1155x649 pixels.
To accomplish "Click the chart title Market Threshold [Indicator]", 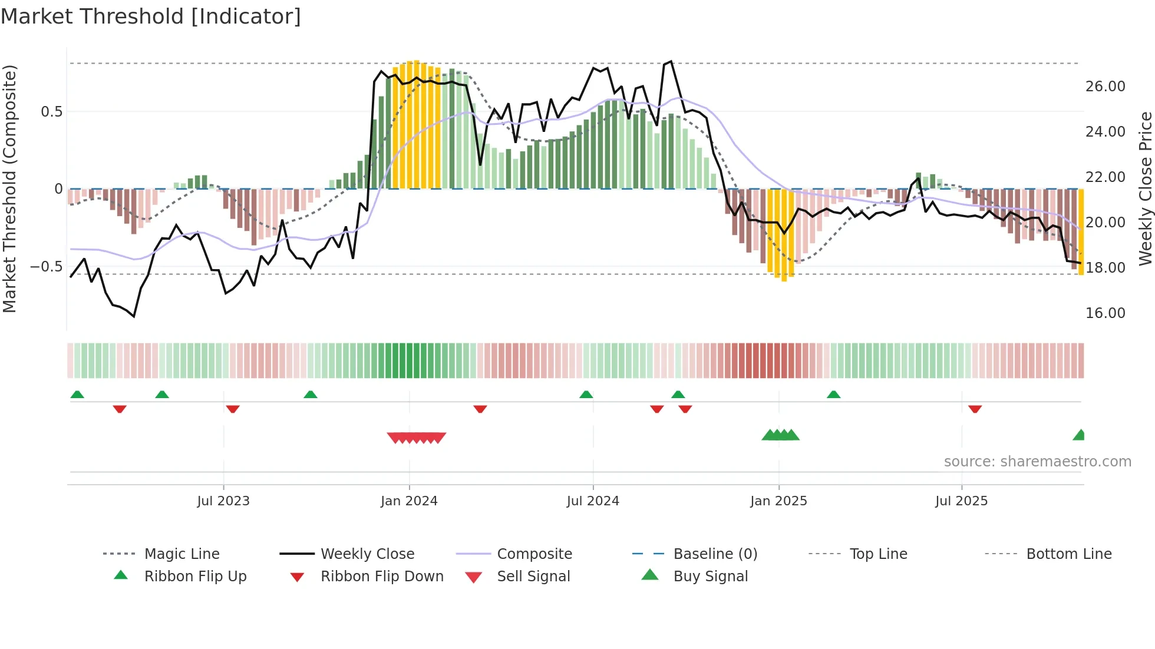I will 151,16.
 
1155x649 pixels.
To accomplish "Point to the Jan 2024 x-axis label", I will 409,501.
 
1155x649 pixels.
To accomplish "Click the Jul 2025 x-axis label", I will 961,501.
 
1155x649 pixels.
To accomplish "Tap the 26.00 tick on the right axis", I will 1105,87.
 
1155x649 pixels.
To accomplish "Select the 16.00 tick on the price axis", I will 1105,313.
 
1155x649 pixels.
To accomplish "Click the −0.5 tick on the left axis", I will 46,267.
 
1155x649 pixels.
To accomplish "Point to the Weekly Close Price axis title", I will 1145,188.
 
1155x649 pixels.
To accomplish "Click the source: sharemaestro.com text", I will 1037,462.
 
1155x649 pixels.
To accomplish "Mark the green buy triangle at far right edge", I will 1080,435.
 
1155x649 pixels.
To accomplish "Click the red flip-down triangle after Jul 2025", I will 975,409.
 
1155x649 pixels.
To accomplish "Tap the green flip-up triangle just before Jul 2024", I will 586,395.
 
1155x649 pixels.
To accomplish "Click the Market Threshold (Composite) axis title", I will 9,188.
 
